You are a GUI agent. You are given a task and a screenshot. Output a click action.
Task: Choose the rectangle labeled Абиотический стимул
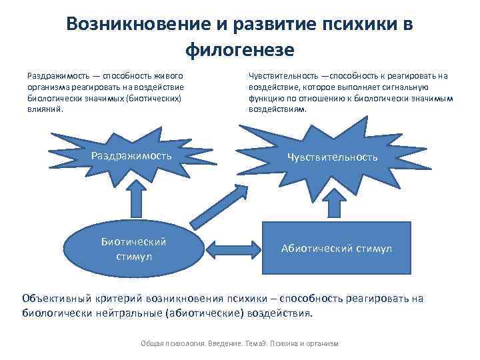pyautogui.click(x=337, y=249)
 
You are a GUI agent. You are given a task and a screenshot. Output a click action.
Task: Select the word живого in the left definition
pyautogui.click(x=171, y=77)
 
